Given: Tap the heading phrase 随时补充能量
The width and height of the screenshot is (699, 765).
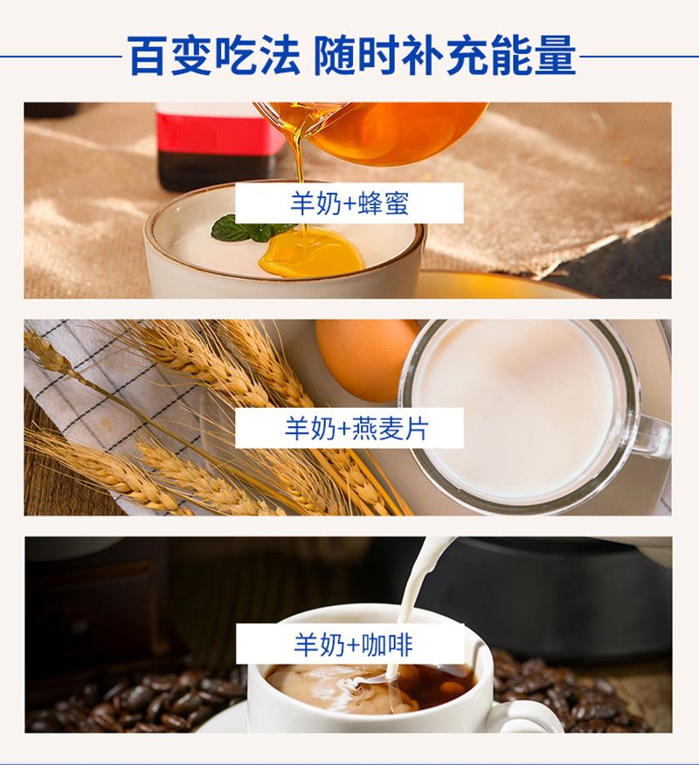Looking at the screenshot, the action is tap(445, 56).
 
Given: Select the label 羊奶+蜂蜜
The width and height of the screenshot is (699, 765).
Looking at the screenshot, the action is tap(349, 203).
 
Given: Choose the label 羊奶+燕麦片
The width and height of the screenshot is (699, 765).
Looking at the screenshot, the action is tap(356, 429).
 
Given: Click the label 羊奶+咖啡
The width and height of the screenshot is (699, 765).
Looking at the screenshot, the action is tap(353, 644).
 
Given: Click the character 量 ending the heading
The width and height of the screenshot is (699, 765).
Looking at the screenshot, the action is tap(556, 56).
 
